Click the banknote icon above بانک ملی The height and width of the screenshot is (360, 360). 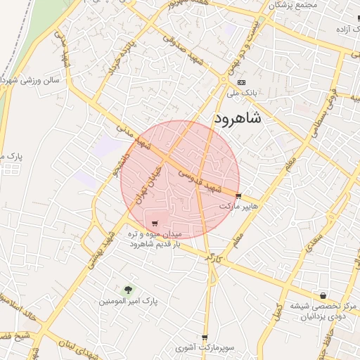pyautogui.click(x=241, y=82)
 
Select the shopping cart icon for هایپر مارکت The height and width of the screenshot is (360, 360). pyautogui.click(x=239, y=196)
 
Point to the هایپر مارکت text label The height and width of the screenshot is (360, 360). pyautogui.click(x=239, y=207)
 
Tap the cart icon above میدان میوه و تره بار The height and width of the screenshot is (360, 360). pyautogui.click(x=155, y=224)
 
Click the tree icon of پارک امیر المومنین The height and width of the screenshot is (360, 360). pyautogui.click(x=127, y=289)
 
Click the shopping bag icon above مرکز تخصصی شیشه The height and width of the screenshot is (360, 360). pyautogui.click(x=323, y=295)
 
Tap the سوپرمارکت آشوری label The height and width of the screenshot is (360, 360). pyautogui.click(x=203, y=348)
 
